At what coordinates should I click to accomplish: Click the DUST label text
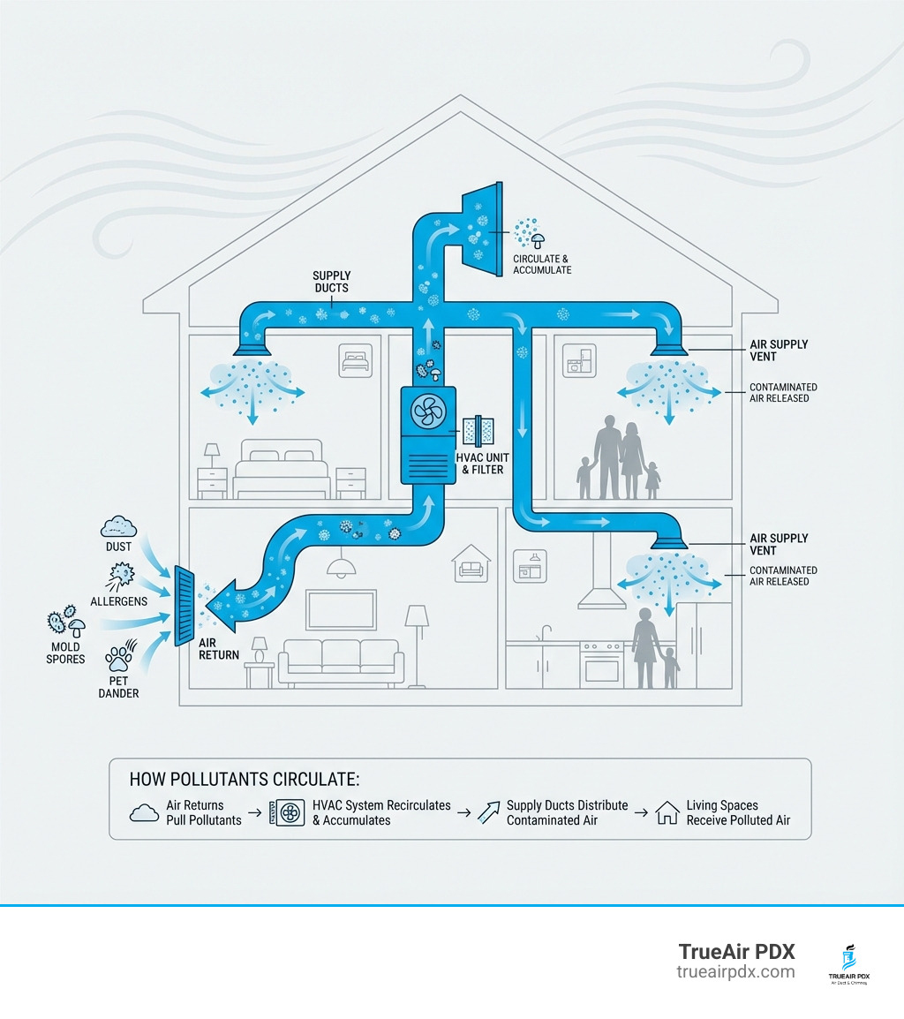point(118,547)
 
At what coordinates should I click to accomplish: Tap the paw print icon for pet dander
point(118,658)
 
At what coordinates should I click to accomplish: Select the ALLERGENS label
point(118,600)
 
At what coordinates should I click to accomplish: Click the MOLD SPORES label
point(66,653)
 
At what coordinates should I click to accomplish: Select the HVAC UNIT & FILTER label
point(480,464)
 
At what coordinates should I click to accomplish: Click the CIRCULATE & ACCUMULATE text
point(542,264)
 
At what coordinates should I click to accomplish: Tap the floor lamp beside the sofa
point(418,640)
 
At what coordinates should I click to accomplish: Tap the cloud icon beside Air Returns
point(144,812)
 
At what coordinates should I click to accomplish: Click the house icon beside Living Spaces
point(667,812)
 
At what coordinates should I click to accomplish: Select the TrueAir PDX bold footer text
point(736,952)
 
